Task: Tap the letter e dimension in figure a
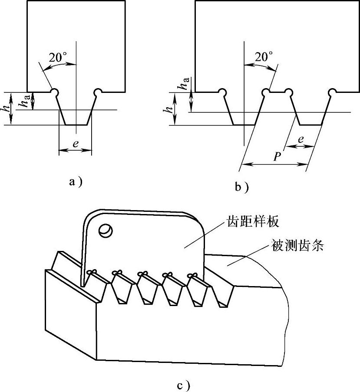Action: click(76, 145)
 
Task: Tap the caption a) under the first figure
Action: click(76, 182)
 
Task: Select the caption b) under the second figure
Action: click(241, 187)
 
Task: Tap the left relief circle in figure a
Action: click(55, 92)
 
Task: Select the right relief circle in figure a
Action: click(98, 92)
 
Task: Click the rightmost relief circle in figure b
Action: click(332, 92)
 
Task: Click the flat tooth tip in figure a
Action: click(76, 125)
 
